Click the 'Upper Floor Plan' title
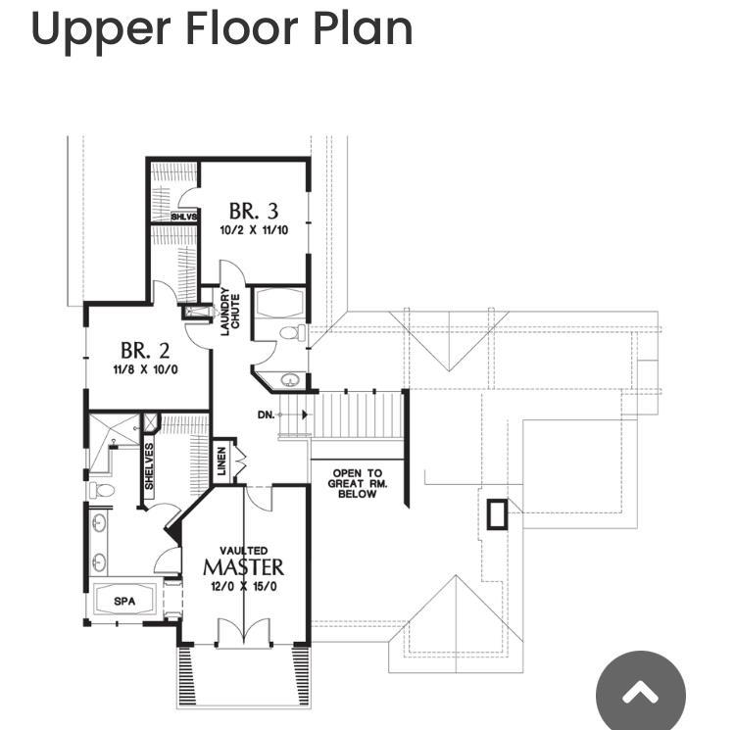tap(221, 29)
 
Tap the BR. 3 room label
tap(254, 211)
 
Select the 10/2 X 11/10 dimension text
tap(254, 230)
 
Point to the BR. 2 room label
tap(145, 351)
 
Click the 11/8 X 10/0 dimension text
tap(145, 369)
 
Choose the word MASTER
tap(243, 567)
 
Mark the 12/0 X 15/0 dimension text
tap(244, 586)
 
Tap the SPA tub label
tap(124, 602)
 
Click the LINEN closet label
tap(222, 461)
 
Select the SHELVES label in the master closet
tap(149, 466)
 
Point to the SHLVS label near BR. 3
tap(184, 217)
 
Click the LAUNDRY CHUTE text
tap(230, 312)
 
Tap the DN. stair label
tap(266, 414)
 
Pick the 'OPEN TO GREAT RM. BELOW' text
tap(357, 483)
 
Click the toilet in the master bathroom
tap(102, 491)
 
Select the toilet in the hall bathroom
tap(292, 333)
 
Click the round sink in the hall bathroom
tap(291, 379)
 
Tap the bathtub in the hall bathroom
tap(279, 303)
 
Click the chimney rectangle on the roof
tap(497, 514)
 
